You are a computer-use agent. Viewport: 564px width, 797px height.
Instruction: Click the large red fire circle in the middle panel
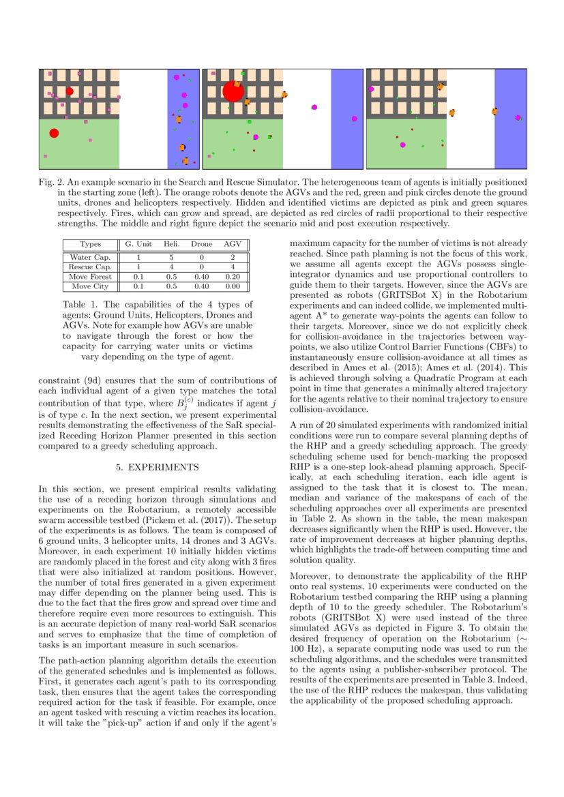coord(233,91)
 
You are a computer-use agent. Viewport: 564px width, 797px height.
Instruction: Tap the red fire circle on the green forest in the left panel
coord(54,133)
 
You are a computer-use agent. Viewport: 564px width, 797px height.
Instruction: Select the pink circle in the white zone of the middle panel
coord(314,107)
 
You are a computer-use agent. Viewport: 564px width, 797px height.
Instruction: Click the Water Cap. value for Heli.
coord(171,257)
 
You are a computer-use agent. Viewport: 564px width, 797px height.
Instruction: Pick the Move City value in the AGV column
coord(233,286)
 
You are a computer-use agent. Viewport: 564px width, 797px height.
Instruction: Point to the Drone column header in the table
coord(201,244)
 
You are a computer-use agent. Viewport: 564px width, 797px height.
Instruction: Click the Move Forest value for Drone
coord(201,277)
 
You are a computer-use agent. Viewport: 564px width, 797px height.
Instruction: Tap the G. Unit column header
coord(138,244)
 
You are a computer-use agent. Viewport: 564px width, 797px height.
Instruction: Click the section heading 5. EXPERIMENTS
coord(157,468)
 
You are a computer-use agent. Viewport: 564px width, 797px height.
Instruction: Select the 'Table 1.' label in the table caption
coord(80,304)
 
